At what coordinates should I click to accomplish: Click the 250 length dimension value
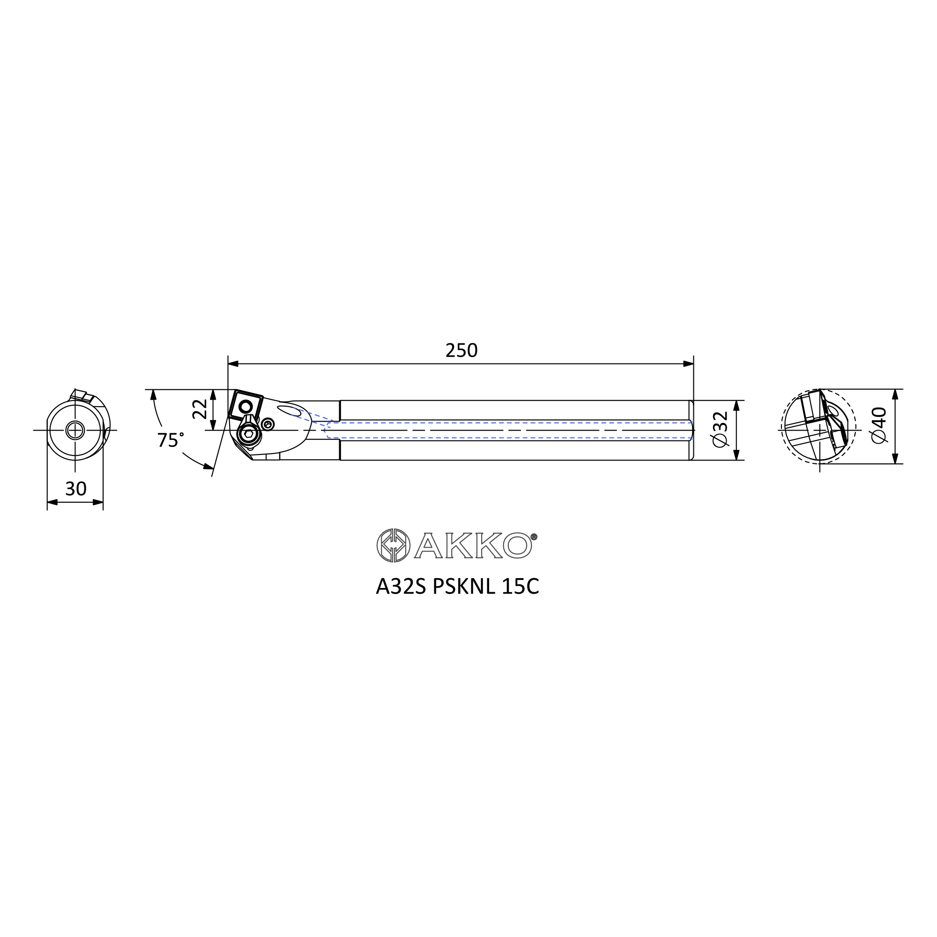461,350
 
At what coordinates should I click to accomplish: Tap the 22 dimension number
200,409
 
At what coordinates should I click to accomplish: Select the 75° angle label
170,440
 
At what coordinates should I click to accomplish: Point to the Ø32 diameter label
720,429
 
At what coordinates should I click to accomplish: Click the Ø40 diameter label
879,425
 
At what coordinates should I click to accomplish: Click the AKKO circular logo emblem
394,545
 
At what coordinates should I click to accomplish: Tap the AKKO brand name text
474,545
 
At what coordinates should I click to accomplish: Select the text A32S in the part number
401,587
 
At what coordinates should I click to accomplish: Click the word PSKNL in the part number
464,587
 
